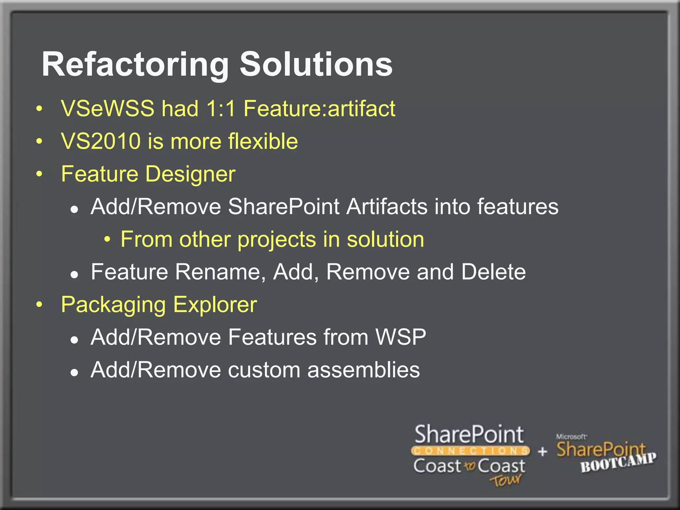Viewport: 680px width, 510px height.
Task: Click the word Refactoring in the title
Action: click(135, 65)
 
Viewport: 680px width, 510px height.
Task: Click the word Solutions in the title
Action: click(316, 65)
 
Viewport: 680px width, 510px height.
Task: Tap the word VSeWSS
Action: click(108, 109)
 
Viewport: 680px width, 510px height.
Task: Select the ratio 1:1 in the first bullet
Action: click(221, 109)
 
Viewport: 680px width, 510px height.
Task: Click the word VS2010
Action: click(101, 141)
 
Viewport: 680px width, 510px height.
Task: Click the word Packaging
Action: click(113, 305)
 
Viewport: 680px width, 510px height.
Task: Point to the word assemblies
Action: click(363, 370)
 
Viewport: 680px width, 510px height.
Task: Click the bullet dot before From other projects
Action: click(107, 239)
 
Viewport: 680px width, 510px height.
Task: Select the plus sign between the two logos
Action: click(543, 452)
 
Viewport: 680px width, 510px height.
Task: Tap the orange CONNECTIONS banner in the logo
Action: click(470, 451)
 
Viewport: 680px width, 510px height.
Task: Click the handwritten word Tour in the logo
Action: click(505, 480)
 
